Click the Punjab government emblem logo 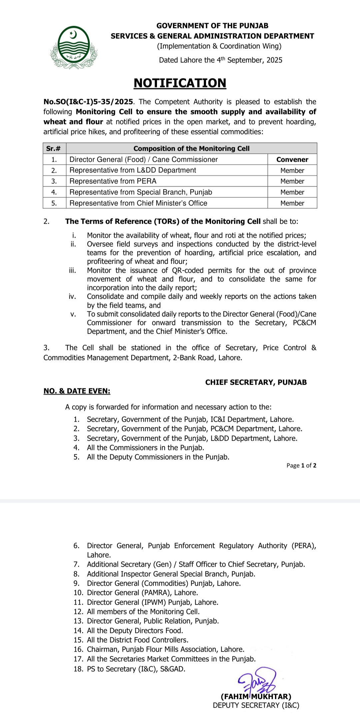pyautogui.click(x=73, y=47)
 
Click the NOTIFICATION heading pyautogui.click(x=180, y=83)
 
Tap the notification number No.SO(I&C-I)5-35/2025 pyautogui.click(x=88, y=102)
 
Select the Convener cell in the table pyautogui.click(x=292, y=159)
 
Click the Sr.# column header pyautogui.click(x=54, y=148)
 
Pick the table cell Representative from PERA pyautogui.click(x=113, y=181)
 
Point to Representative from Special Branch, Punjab pyautogui.click(x=141, y=192)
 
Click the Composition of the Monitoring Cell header pyautogui.click(x=191, y=148)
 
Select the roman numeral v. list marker pyautogui.click(x=73, y=314)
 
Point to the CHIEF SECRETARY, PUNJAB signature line pyautogui.click(x=256, y=382)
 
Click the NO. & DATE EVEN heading pyautogui.click(x=77, y=391)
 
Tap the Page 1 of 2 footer pyautogui.click(x=301, y=465)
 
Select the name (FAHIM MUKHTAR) pyautogui.click(x=256, y=696)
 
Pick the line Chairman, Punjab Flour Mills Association pyautogui.click(x=165, y=649)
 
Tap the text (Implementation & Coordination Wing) pyautogui.click(x=219, y=46)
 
